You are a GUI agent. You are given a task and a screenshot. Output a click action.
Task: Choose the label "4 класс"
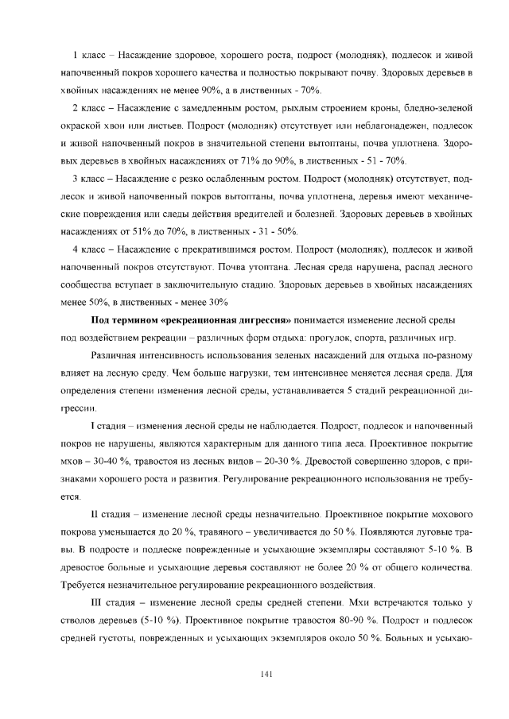click(x=90, y=250)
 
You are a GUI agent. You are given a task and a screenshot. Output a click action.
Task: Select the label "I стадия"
click(x=111, y=427)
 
